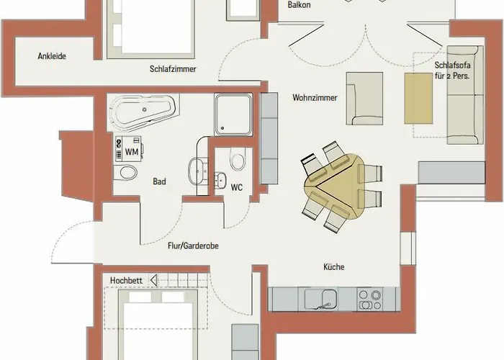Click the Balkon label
[x=299, y=4]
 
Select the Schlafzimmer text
[x=174, y=69]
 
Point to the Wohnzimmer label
[x=315, y=98]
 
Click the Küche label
[x=334, y=267]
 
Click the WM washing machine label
[x=131, y=152]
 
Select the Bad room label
[x=159, y=182]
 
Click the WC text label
[x=236, y=186]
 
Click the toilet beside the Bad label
[x=127, y=173]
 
